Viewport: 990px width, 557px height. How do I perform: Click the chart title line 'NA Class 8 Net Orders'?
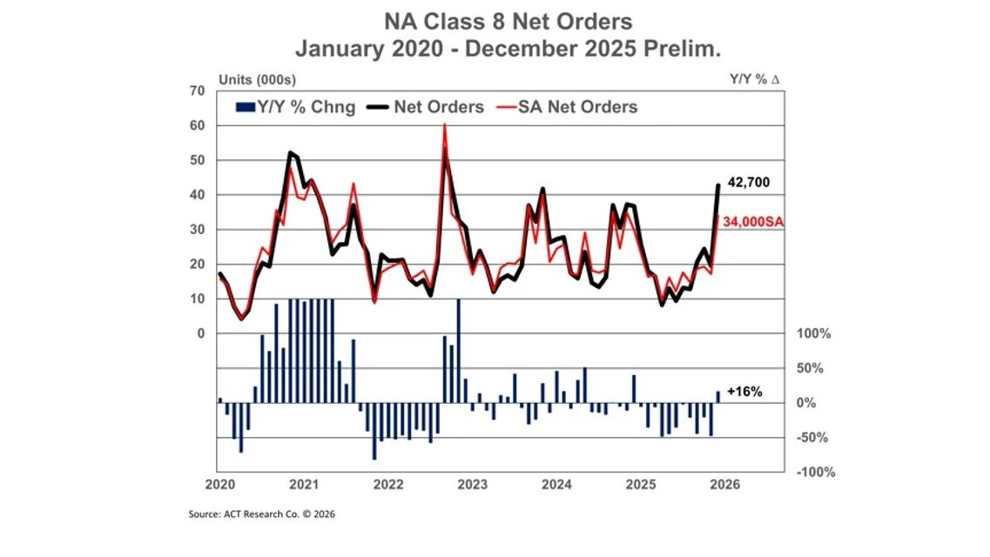(x=495, y=20)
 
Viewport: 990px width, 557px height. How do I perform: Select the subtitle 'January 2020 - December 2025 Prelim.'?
(x=495, y=50)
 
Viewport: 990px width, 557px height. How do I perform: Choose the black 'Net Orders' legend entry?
(x=428, y=108)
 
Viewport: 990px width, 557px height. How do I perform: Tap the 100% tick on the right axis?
(x=813, y=333)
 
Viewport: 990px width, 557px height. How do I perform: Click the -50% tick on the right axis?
(x=813, y=437)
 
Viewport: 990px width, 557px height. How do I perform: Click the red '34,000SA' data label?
(x=753, y=223)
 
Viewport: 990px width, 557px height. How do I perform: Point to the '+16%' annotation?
(x=744, y=393)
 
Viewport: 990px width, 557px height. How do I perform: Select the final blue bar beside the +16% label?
(x=718, y=397)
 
